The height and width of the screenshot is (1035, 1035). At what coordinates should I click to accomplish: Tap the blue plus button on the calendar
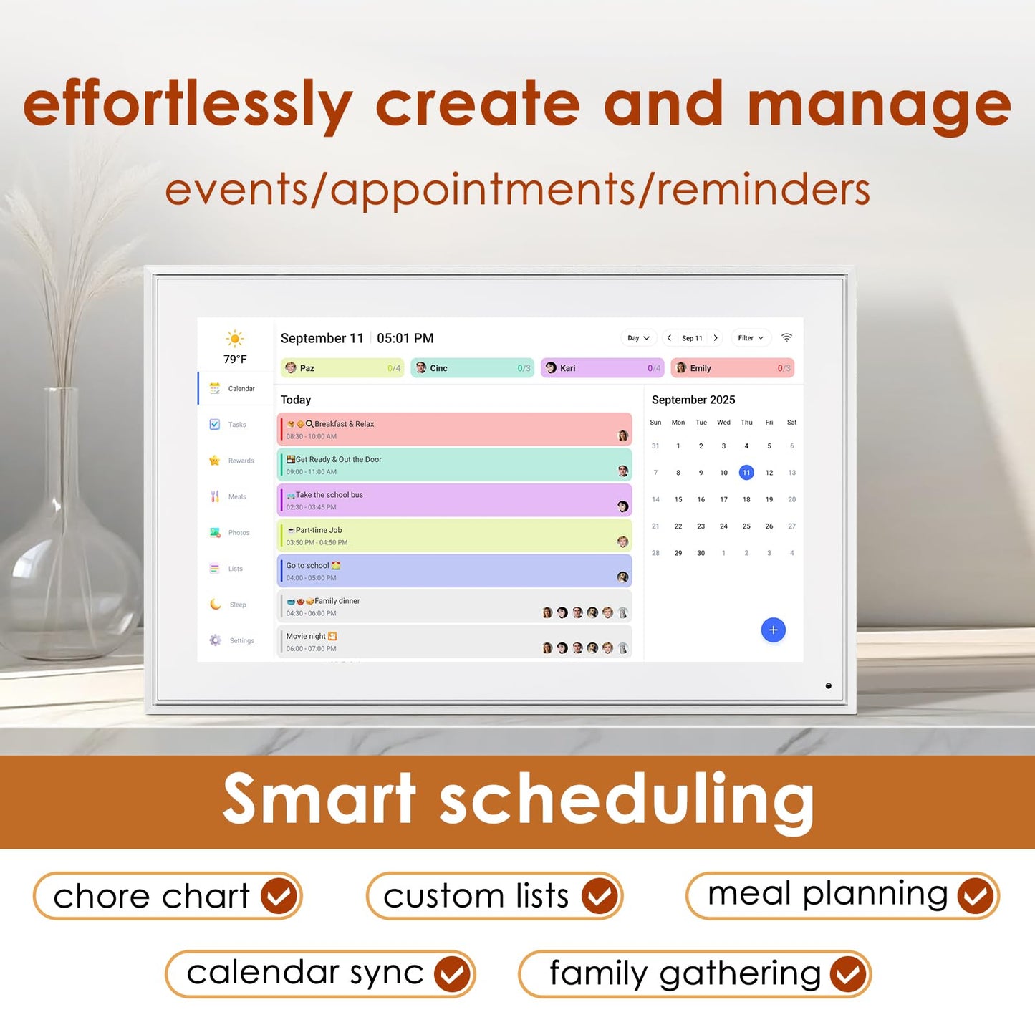coord(773,630)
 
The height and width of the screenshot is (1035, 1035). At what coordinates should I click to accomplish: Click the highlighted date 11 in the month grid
coord(746,473)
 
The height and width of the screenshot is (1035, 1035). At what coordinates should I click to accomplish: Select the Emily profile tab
coord(732,368)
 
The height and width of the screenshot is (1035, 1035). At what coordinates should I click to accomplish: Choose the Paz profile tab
coord(342,368)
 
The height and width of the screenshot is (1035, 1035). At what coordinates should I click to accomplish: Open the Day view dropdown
coord(638,338)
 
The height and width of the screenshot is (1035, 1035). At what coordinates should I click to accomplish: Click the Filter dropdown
coord(750,338)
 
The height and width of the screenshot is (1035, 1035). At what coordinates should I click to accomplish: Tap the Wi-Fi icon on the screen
coord(786,337)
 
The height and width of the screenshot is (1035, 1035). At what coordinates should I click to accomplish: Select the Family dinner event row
coord(454,607)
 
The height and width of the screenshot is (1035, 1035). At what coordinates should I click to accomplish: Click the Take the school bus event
coord(454,501)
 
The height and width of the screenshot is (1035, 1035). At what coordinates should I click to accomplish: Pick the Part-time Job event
coord(454,536)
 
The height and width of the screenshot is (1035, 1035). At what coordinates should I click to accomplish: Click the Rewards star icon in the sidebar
coord(215,461)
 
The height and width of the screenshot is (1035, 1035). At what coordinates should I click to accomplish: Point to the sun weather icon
coord(235,339)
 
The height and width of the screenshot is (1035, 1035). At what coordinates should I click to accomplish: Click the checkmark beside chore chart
coord(279,895)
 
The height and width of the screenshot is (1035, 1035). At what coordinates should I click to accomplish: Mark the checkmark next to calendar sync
coord(453,974)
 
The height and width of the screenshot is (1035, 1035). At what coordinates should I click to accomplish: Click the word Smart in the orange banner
coord(319,799)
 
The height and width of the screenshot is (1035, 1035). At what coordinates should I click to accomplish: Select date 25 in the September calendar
coord(746,526)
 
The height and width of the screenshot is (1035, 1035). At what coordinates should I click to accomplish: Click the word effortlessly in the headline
coord(188,106)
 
